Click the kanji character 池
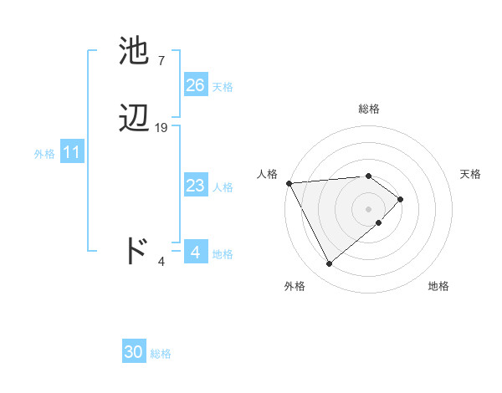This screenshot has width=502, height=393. (136, 51)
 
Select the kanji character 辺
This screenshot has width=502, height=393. (136, 118)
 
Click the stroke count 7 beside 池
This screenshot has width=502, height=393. (161, 60)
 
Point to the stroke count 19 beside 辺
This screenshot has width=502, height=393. (161, 127)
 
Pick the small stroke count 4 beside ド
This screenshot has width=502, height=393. (161, 261)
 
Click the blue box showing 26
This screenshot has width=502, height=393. (195, 85)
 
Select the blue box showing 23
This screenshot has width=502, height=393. (195, 186)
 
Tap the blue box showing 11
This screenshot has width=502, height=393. (71, 153)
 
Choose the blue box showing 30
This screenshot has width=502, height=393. (134, 353)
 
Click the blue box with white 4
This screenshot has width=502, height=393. (195, 252)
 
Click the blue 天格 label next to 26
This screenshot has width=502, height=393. (222, 86)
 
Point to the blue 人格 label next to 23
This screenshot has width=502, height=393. (222, 186)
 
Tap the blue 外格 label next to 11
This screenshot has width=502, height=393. (44, 154)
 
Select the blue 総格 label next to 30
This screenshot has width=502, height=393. (161, 354)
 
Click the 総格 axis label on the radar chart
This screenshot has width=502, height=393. (369, 109)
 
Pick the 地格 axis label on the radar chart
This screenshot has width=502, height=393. (438, 286)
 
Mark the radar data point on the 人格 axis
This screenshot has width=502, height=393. (289, 183)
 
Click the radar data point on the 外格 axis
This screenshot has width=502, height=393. (329, 264)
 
